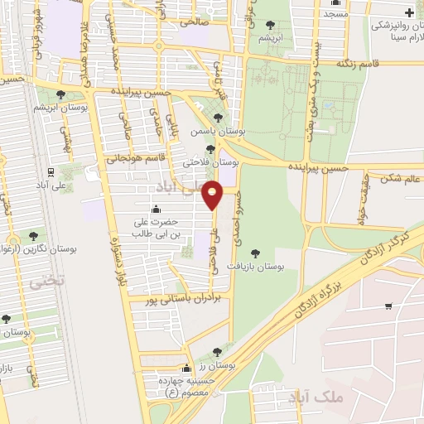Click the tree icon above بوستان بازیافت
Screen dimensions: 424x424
click(254, 253)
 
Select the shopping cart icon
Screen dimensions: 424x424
click(388, 306)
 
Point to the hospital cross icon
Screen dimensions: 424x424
click(410, 12)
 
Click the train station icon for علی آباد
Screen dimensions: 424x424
click(51, 173)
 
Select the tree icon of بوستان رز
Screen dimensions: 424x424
click(217, 352)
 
